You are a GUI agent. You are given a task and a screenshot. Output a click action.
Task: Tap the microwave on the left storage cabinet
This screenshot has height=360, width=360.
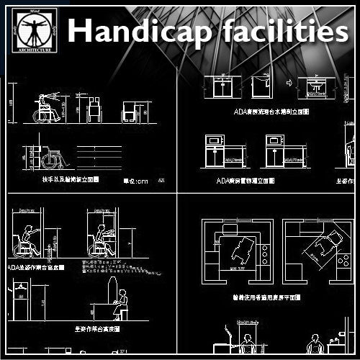coord(215,140)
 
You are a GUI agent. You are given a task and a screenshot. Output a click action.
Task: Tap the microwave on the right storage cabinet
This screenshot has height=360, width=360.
coord(275,140)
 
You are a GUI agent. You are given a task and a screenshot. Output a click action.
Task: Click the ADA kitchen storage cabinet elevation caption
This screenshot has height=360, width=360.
coord(245,181)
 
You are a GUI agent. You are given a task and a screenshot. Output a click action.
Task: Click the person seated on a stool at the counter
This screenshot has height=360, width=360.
coord(121,303)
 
